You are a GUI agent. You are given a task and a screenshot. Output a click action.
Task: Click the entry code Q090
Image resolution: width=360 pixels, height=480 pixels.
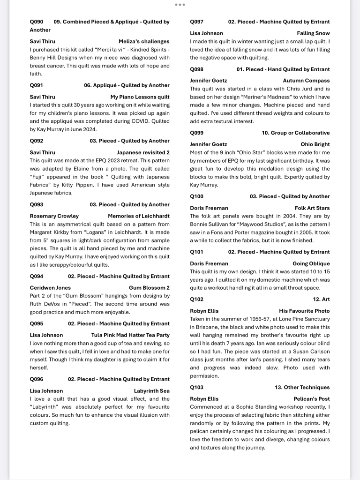pos(37,22)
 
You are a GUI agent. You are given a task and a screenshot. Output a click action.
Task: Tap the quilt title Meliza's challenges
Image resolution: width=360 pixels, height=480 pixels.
pos(144,41)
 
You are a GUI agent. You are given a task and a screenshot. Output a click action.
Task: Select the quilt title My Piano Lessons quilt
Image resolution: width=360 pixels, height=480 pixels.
pos(140,97)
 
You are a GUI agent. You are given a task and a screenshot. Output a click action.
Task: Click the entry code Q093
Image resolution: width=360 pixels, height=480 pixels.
pos(37,204)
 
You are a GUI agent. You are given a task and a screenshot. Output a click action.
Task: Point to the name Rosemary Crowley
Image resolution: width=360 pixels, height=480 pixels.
pos(51,216)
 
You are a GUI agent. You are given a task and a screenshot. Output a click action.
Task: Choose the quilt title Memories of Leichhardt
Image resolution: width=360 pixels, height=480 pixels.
pos(138,216)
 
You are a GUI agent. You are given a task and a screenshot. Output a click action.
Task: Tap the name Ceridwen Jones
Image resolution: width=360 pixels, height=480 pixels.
pos(50,288)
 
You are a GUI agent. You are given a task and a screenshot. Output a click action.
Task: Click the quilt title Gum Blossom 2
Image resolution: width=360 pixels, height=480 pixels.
pos(149,288)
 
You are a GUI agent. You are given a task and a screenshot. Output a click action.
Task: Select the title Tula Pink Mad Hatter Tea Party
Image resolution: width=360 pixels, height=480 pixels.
pos(130,335)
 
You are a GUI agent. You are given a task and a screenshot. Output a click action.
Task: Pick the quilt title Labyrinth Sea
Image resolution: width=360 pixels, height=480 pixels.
pos(151,391)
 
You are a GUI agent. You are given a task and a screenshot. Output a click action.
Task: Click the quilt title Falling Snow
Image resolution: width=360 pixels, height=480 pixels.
pos(313,33)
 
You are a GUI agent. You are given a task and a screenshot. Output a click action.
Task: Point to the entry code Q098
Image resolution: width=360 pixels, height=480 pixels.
pos(197,69)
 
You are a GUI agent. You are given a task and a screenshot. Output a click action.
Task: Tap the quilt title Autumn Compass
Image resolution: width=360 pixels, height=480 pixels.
pos(306,81)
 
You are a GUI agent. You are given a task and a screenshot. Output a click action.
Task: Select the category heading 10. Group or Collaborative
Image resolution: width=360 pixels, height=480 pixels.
pos(295,133)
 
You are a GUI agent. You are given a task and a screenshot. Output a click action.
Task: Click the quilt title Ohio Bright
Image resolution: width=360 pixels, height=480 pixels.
pos(315,144)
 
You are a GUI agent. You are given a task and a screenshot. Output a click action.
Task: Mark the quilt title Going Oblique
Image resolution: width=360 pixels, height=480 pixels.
pos(311,263)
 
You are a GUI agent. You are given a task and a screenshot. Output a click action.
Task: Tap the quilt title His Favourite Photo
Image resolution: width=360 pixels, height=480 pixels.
pos(304,311)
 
